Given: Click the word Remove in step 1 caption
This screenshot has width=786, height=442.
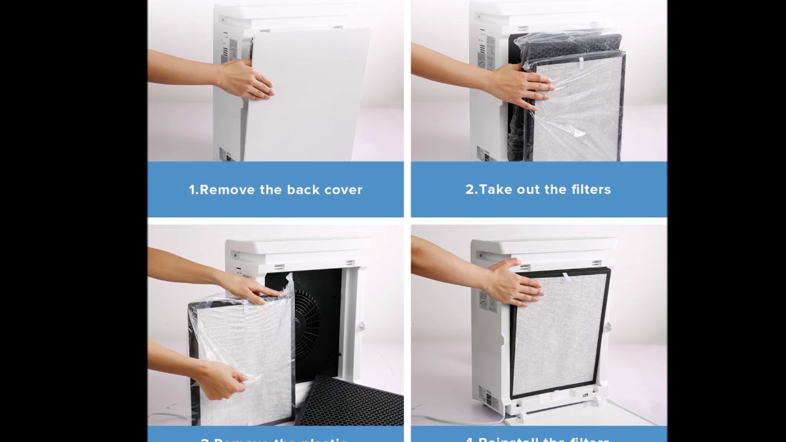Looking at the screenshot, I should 227,190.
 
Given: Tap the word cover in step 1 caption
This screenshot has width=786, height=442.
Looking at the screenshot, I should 343,190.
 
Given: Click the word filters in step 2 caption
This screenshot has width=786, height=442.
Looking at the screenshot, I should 586,190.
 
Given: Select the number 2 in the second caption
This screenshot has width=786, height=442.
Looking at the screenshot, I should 470,190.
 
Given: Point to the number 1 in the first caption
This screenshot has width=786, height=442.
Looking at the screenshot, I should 192,190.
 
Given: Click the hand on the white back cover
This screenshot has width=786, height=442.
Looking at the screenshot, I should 246,79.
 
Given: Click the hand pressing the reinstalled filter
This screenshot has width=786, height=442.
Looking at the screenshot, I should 513,282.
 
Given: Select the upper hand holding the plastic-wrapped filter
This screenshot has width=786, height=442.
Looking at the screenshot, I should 252,287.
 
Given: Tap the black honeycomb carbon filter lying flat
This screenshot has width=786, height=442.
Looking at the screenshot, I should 350,402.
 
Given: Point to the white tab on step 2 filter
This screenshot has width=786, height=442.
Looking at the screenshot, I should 581,61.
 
